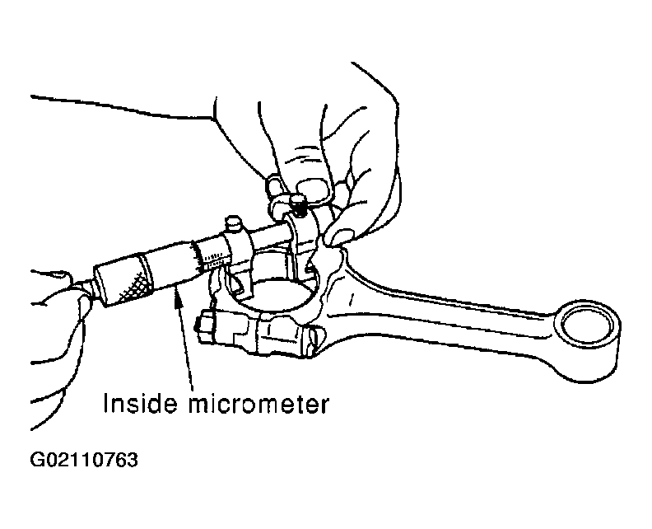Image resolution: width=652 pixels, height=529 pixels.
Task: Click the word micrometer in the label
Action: [258, 403]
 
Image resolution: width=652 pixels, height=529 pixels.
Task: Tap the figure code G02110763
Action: [84, 460]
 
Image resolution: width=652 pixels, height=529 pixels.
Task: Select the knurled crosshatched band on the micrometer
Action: [135, 287]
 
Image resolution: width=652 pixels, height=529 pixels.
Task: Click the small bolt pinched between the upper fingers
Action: [299, 205]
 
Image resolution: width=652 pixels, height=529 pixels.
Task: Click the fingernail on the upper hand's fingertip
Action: [313, 189]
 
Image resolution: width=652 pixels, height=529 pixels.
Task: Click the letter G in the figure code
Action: [37, 460]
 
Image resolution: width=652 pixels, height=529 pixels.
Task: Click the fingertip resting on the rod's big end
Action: [340, 236]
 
